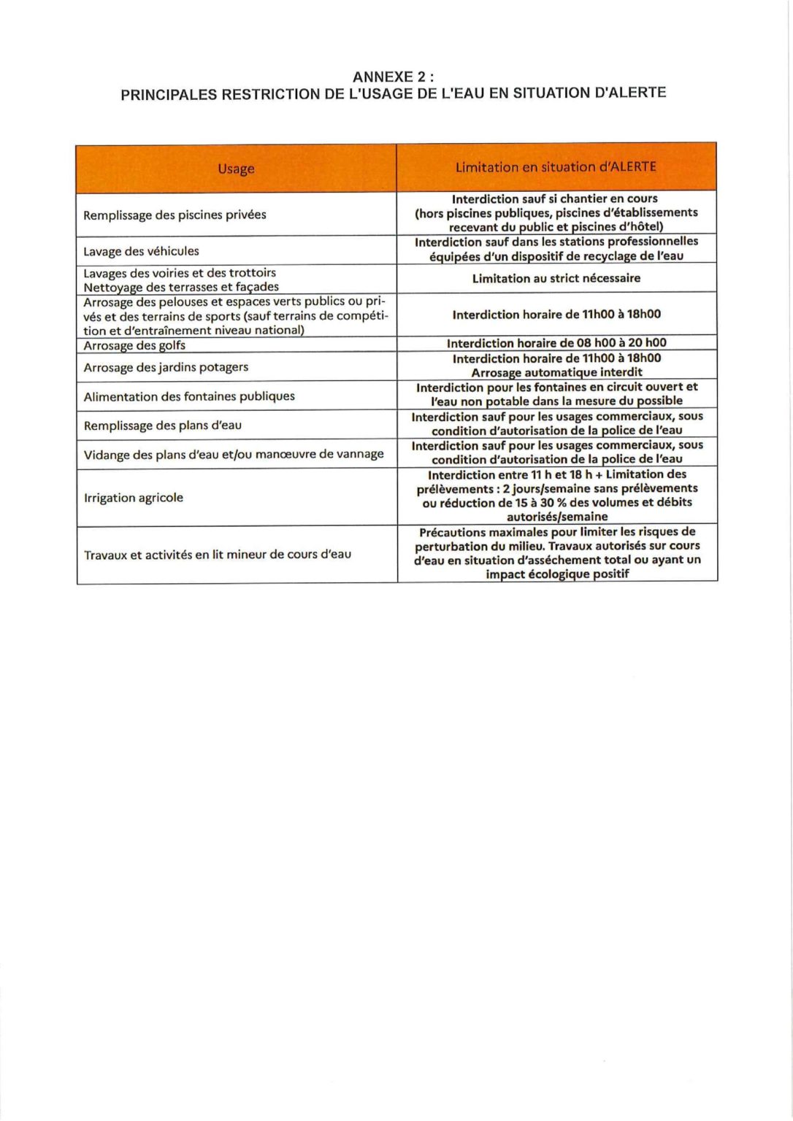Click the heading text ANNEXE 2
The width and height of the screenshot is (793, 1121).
click(x=392, y=77)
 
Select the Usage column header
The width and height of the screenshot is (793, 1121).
click(x=236, y=169)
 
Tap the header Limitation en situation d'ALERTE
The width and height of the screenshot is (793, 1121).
click(x=556, y=167)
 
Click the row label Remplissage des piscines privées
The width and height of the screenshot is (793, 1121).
click(x=175, y=215)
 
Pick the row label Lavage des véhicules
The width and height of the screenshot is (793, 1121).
click(x=141, y=251)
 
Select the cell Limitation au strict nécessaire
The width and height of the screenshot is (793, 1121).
click(x=556, y=278)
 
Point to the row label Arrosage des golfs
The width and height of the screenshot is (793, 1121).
click(x=134, y=345)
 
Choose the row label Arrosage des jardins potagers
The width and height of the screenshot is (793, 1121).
click(x=166, y=367)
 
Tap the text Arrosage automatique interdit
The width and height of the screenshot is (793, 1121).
click(x=556, y=372)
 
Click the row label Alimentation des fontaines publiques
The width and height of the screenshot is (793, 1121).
click(x=189, y=396)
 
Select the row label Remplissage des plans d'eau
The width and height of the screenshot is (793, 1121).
click(x=162, y=425)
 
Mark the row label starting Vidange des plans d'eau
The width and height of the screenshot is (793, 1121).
click(x=234, y=454)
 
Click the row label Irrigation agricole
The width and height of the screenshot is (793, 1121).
click(x=134, y=498)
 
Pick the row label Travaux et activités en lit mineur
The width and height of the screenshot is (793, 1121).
click(x=218, y=555)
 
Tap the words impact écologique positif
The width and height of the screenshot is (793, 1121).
click(x=557, y=574)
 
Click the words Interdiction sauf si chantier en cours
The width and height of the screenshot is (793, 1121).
click(x=554, y=199)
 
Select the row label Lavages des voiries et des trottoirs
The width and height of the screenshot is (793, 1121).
click(x=180, y=273)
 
